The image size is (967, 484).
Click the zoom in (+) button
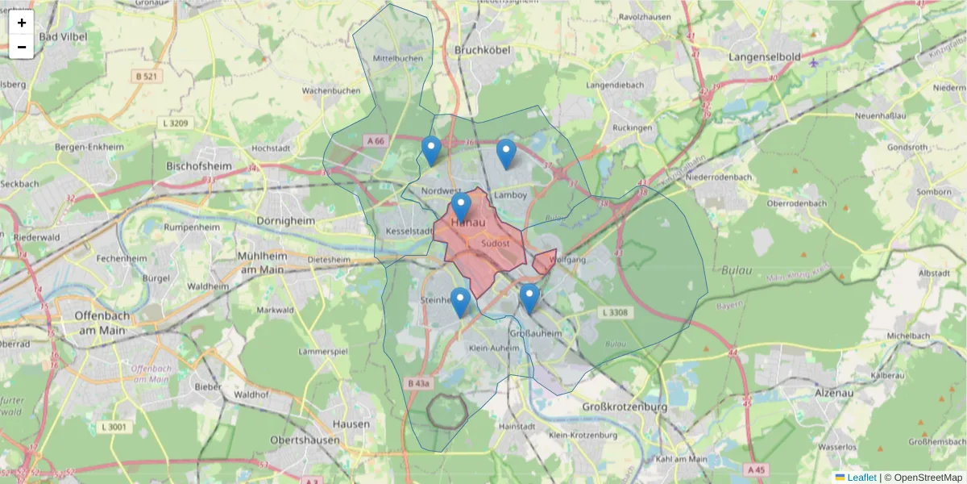tap(22, 23)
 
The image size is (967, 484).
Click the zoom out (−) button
tap(22, 47)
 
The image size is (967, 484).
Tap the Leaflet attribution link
tap(861, 478)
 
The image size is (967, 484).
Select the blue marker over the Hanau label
tap(461, 207)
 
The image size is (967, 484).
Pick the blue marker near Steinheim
tap(460, 301)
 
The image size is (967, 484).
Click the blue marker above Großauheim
tap(529, 297)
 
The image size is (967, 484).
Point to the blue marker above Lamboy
tap(506, 152)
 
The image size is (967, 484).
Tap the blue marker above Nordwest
tap(432, 149)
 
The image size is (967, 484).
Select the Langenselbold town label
tap(764, 57)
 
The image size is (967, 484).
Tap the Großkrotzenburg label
tap(625, 407)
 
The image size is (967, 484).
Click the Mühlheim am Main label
tap(260, 262)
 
